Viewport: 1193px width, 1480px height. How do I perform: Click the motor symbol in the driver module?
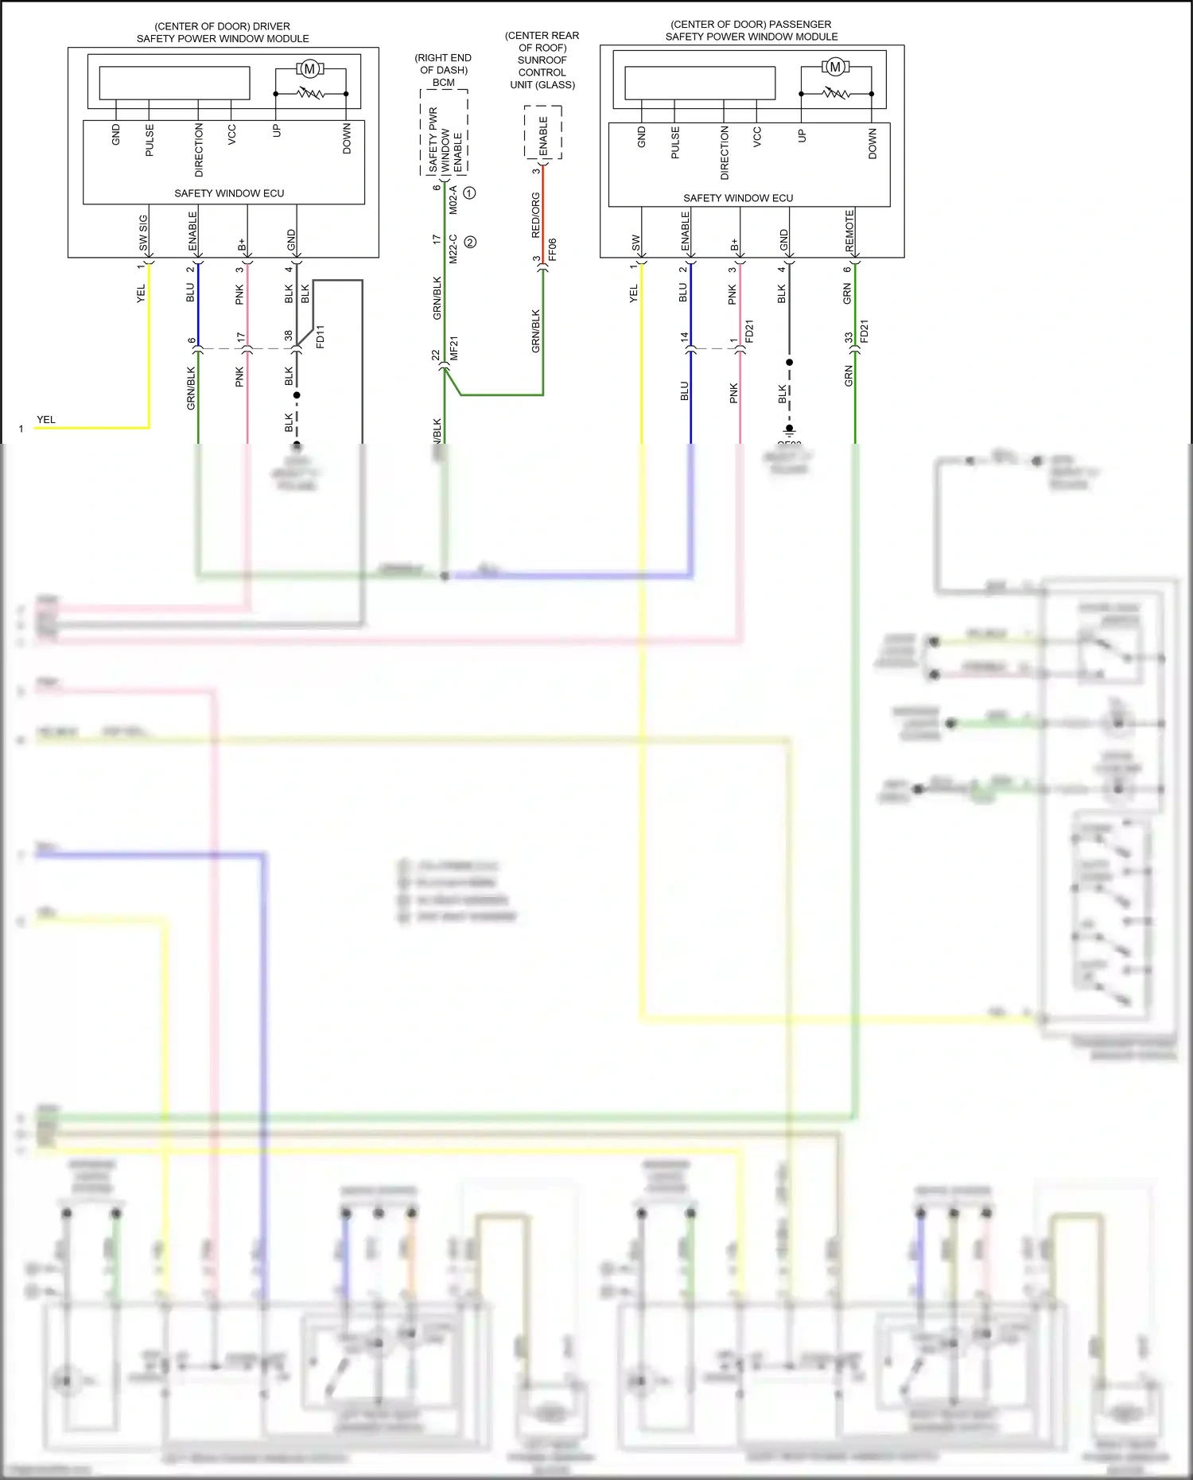click(x=310, y=68)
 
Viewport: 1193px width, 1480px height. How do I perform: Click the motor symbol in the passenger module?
click(x=835, y=67)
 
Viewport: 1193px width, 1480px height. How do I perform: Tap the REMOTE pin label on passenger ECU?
click(x=849, y=231)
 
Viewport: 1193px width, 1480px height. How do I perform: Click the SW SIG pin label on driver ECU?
click(x=143, y=233)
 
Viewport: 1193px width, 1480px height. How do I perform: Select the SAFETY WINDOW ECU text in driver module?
click(x=229, y=193)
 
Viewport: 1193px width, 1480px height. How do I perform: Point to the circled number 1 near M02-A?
click(x=470, y=193)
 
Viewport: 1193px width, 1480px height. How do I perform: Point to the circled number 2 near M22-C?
click(x=470, y=243)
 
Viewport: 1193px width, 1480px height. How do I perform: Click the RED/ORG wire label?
click(x=535, y=215)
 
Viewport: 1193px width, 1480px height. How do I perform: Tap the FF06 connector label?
click(x=553, y=249)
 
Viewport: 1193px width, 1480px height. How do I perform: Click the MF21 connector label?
click(x=454, y=348)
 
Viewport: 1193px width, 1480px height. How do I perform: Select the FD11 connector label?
click(x=320, y=336)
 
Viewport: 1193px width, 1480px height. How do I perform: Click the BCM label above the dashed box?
click(x=444, y=83)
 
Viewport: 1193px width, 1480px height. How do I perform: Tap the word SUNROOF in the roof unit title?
click(x=542, y=60)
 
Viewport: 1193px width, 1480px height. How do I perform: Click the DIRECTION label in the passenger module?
click(x=724, y=153)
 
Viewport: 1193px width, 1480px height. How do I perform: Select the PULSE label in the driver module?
click(x=150, y=140)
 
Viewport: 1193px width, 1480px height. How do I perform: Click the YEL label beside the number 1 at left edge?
click(x=46, y=420)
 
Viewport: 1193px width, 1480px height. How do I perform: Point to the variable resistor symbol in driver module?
click(x=310, y=94)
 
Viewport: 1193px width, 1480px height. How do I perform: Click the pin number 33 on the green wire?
click(x=849, y=338)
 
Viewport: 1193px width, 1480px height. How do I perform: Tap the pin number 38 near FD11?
click(x=288, y=336)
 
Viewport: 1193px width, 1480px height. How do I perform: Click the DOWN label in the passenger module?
click(x=872, y=144)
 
